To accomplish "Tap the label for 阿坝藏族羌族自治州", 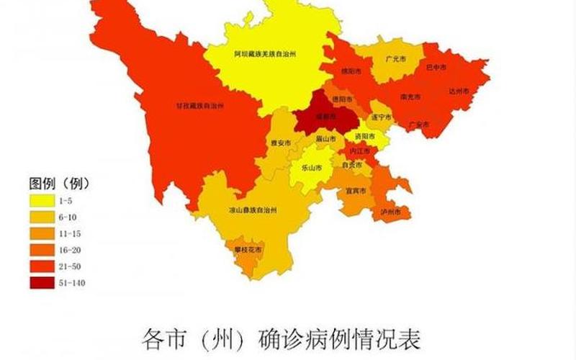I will pyautogui.click(x=265, y=53).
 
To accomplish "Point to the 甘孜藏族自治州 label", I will pyautogui.click(x=200, y=105).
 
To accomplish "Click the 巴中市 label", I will pyautogui.click(x=436, y=67).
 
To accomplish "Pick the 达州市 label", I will pyautogui.click(x=459, y=91).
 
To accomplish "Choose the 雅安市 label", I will pyautogui.click(x=281, y=143).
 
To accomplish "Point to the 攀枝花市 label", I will pyautogui.click(x=248, y=249).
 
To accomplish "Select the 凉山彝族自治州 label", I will pyautogui.click(x=252, y=210).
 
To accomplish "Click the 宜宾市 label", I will pyautogui.click(x=356, y=191).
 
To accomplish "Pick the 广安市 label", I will pyautogui.click(x=418, y=125).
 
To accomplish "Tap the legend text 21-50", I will pyautogui.click(x=75, y=266).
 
